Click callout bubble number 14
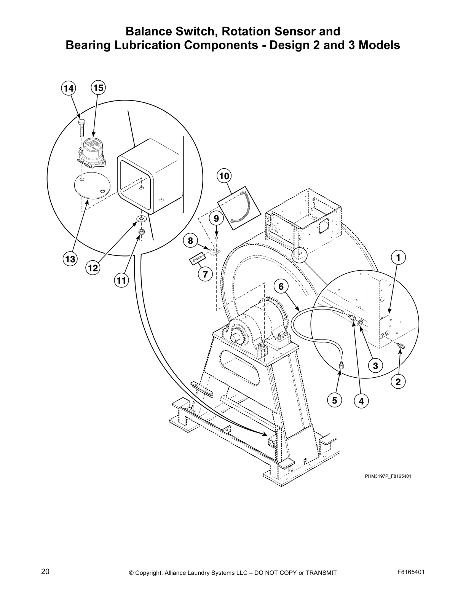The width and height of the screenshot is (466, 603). point(69,88)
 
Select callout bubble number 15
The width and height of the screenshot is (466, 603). point(98,88)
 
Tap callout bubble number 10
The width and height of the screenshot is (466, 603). point(225,176)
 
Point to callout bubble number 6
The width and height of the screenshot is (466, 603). point(281,286)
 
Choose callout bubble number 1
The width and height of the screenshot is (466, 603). point(398,258)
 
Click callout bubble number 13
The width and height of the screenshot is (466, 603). point(70,259)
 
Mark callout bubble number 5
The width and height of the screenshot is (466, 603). point(335,400)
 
